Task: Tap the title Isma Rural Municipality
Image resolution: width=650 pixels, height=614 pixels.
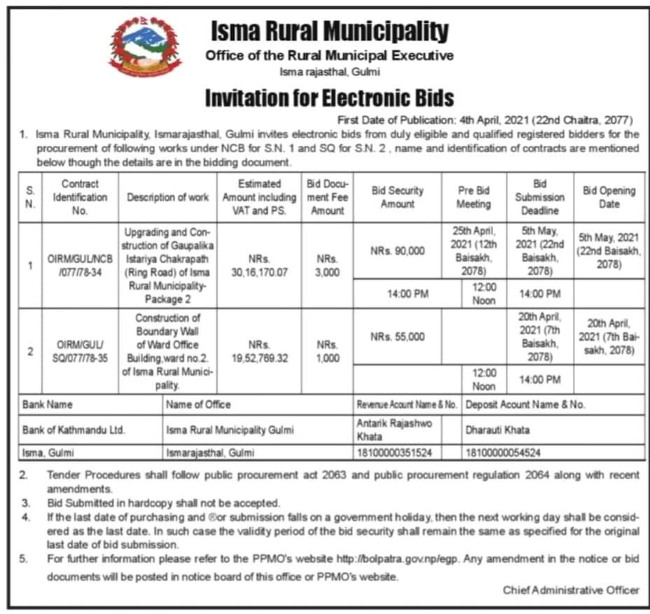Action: coord(329,31)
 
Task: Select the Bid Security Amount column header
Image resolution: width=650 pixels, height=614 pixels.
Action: coord(397,197)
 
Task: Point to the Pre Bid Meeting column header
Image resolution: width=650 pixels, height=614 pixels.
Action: coord(474,197)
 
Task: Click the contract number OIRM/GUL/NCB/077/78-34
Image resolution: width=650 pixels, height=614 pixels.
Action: coord(80,265)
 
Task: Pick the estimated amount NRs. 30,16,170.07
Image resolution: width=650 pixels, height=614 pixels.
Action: coord(259,265)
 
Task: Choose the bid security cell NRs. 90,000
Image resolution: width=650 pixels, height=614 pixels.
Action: coord(397,251)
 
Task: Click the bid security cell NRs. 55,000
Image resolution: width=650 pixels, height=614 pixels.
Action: coord(397,336)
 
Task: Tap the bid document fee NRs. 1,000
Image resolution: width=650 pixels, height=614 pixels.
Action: coord(327,351)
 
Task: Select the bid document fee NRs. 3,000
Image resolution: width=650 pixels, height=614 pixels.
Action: coord(327,265)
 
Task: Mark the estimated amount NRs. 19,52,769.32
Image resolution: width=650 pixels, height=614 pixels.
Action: coord(259,351)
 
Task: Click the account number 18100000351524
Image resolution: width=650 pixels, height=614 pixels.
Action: coord(394,453)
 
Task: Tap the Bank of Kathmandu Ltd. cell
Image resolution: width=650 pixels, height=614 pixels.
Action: coord(74,430)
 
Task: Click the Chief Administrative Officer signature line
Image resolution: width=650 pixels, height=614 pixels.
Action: coord(571,590)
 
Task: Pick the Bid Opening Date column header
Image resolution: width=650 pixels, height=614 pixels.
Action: coord(609,197)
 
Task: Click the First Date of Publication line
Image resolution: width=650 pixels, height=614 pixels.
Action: coord(485,119)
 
